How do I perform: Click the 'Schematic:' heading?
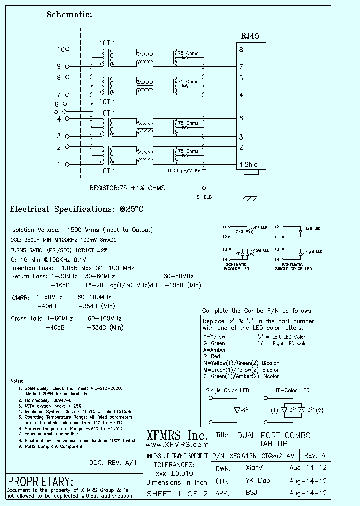click(69, 15)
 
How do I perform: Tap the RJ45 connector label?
click(250, 36)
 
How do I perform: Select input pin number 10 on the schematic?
click(61, 49)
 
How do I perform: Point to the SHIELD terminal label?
click(204, 197)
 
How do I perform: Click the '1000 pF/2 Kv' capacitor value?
click(184, 171)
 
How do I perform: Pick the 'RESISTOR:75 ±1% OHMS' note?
click(127, 188)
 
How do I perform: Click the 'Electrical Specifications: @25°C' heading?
click(77, 209)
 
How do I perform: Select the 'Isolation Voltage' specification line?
click(82, 230)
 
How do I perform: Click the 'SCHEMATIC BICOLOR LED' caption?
click(233, 266)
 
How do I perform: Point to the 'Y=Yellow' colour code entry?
click(214, 337)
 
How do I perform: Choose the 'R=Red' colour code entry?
click(211, 356)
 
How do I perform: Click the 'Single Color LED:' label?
click(228, 390)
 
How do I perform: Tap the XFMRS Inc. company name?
click(176, 435)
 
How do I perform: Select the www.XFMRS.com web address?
click(176, 444)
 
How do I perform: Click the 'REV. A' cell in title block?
click(314, 456)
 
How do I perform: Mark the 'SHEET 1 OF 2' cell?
click(177, 494)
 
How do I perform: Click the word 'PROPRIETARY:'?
click(41, 482)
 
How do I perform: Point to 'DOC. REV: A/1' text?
click(113, 462)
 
